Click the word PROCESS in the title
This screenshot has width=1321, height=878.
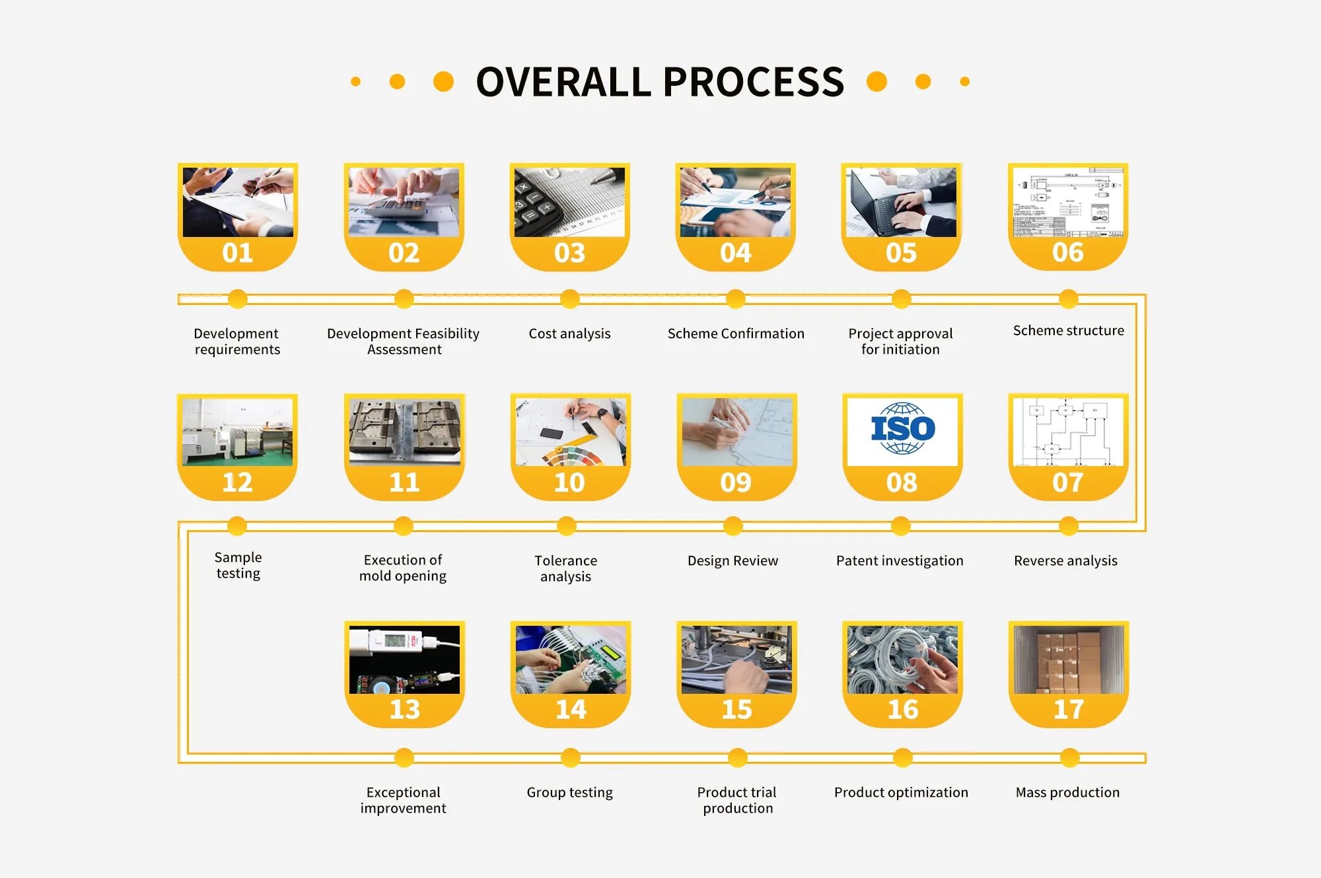pos(753,82)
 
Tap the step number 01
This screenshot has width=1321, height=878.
pos(238,253)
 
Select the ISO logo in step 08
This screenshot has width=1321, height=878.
pos(902,428)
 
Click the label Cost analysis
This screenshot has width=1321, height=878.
pos(569,333)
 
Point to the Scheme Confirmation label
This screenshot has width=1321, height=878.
pos(736,333)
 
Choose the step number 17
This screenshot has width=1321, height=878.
pos(1069,710)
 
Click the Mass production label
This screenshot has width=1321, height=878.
pos(1067,792)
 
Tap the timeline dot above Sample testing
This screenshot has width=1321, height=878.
pos(237,526)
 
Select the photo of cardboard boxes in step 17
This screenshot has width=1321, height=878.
pos(1069,659)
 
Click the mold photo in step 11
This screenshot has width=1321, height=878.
pos(405,432)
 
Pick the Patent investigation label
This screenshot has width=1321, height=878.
pos(900,560)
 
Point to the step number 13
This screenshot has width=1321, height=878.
pos(405,710)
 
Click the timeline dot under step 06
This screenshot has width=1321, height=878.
pos(1068,299)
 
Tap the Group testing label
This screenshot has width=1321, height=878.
pos(569,792)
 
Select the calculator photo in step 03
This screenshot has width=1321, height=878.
pos(569,202)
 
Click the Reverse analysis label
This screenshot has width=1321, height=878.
pos(1065,560)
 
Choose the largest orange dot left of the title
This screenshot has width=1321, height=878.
pos(443,82)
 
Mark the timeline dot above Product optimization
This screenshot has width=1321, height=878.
pos(903,758)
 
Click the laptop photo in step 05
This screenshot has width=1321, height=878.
pos(902,202)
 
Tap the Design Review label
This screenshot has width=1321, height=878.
pos(732,560)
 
